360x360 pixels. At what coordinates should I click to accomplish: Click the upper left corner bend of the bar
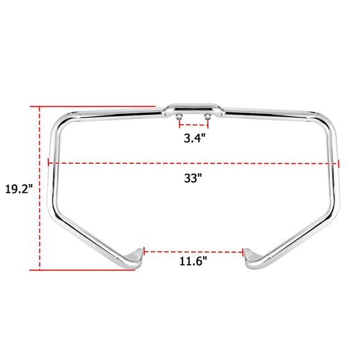[x=57, y=124]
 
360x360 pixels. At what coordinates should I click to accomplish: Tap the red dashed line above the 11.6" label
[x=194, y=251]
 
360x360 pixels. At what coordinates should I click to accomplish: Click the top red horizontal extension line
[x=93, y=106]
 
